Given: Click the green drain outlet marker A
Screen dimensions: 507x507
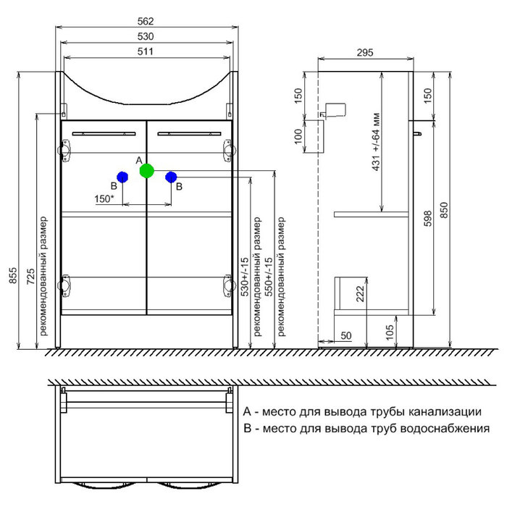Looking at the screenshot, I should (147, 171).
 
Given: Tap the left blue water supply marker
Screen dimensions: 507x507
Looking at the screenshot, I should (122, 177).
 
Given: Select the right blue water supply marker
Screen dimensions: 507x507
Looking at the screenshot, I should (171, 177).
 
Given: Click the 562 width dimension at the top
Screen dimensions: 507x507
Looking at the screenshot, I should (148, 22).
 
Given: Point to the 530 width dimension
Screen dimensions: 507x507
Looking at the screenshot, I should (148, 35).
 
